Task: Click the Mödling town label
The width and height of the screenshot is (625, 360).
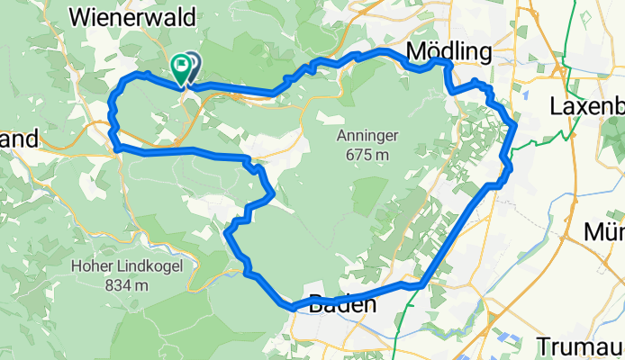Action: [x=449, y=50]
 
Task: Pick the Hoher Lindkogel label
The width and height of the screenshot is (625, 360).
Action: [x=113, y=267]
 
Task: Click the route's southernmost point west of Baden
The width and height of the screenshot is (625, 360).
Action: [x=293, y=309]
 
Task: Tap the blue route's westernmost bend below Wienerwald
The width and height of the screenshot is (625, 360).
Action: [x=111, y=99]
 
